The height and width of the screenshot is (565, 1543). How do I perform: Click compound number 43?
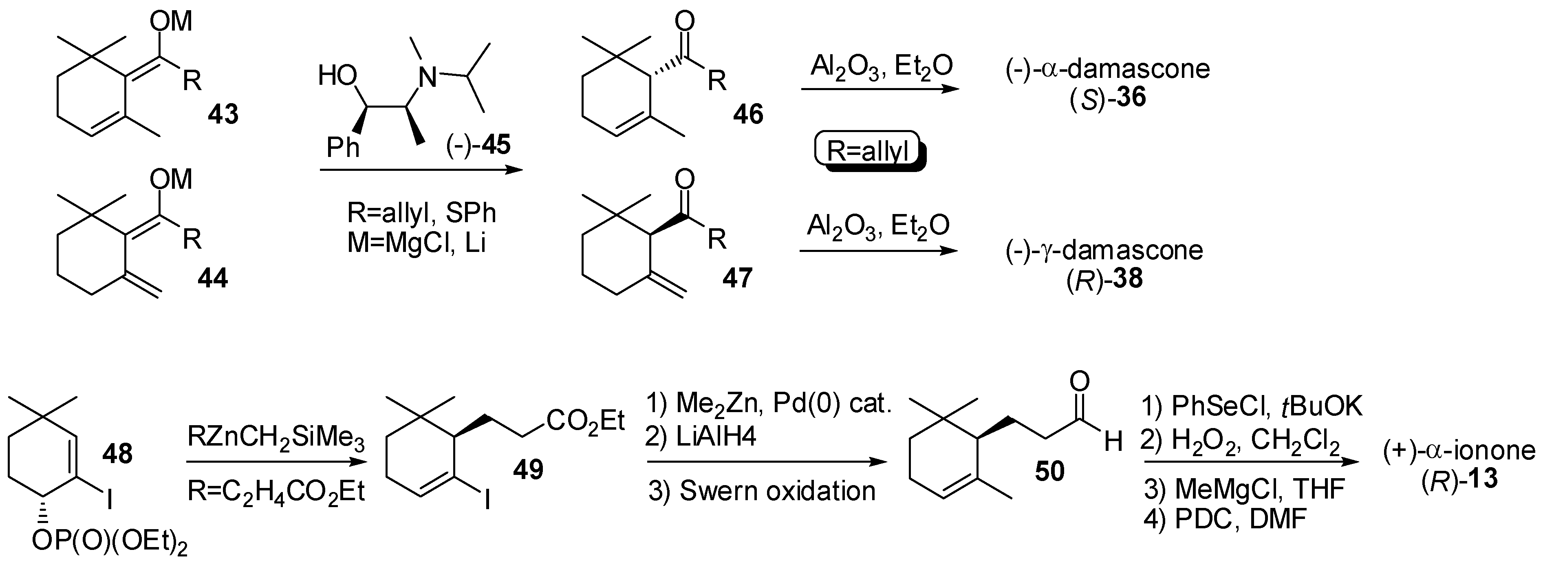point(223,113)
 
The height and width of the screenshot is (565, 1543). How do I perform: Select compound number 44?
point(213,278)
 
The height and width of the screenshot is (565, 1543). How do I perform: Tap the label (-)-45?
point(478,145)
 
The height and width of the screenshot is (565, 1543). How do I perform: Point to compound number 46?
point(748,113)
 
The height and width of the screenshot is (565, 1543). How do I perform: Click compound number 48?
point(117,454)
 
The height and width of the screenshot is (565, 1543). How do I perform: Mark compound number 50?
point(1049,472)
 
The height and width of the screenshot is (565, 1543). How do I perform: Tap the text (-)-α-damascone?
point(1107,69)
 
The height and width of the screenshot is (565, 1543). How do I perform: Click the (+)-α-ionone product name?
point(1459,451)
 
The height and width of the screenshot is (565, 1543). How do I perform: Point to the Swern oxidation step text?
point(762,491)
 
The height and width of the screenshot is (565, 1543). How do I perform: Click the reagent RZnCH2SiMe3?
point(276,439)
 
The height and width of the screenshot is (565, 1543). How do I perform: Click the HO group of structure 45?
point(338,76)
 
